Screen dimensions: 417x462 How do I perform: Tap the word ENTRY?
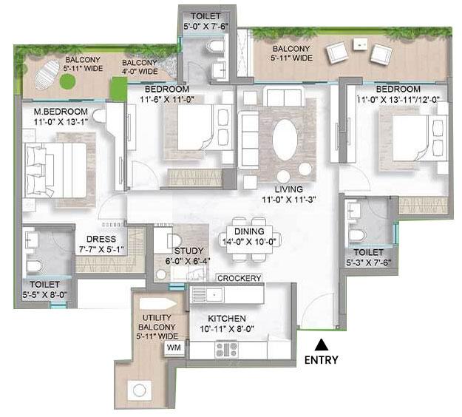pyautogui.click(x=321, y=361)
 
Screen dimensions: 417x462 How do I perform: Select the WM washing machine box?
pyautogui.click(x=174, y=347)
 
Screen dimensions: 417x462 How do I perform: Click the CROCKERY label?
pyautogui.click(x=239, y=278)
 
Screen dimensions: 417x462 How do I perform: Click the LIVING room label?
pyautogui.click(x=288, y=189)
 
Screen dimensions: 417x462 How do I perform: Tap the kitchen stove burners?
pyautogui.click(x=225, y=347)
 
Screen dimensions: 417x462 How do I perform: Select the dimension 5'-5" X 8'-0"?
pyautogui.click(x=45, y=295)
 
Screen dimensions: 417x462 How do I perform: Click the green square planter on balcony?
pyautogui.click(x=118, y=86)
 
